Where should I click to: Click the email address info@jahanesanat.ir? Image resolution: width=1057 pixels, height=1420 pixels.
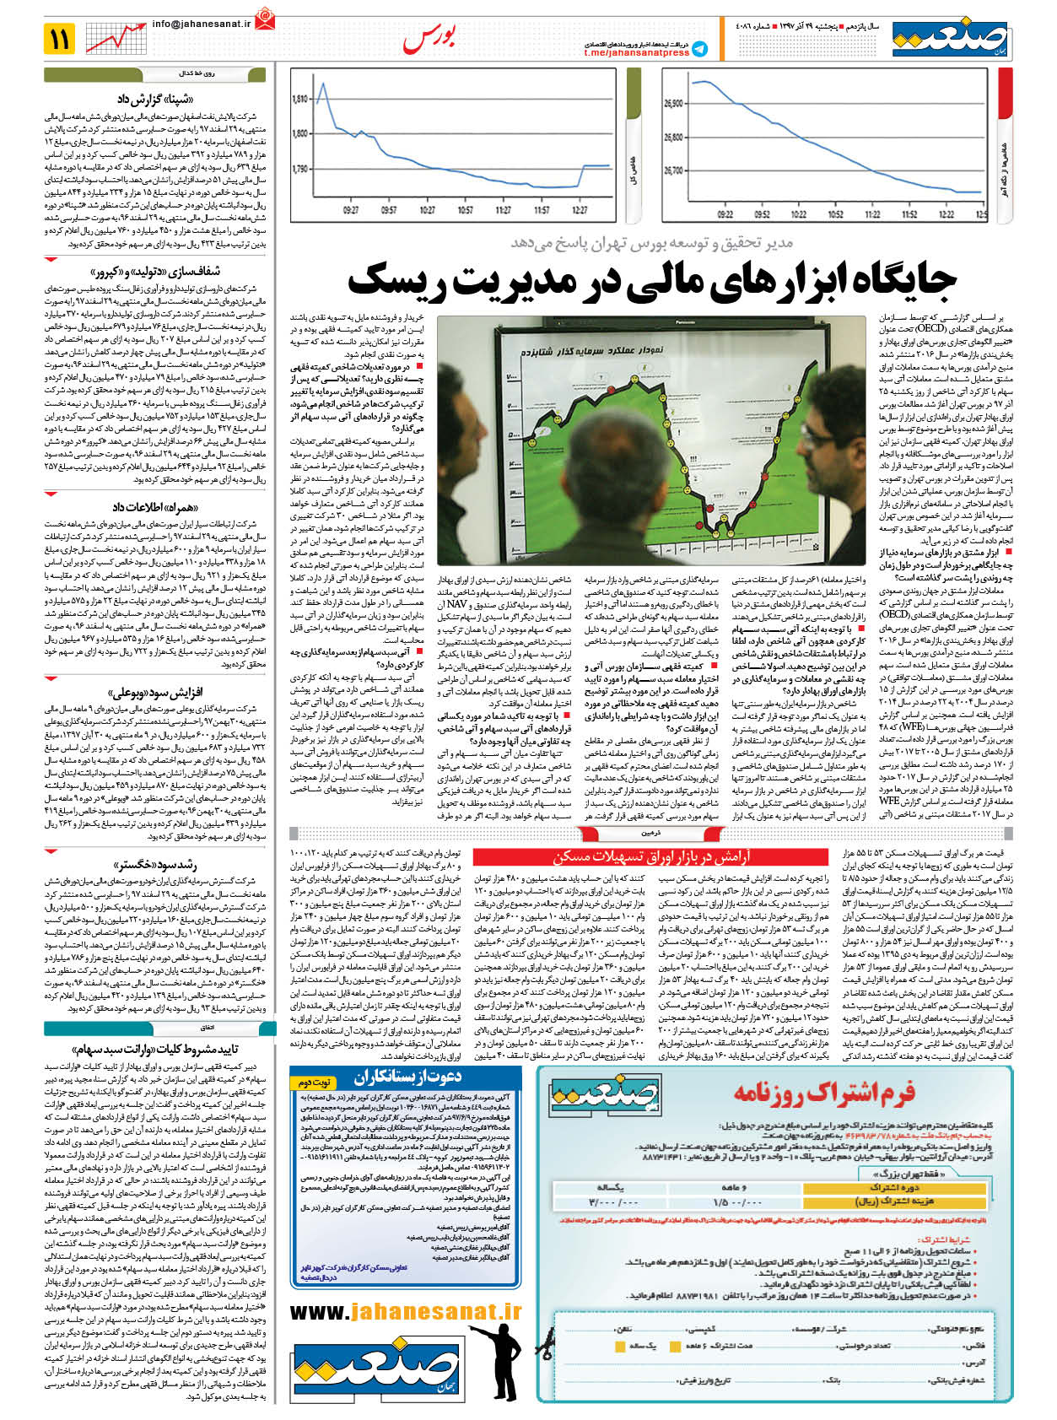(x=202, y=24)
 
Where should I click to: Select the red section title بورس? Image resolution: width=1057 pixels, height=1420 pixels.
(x=429, y=38)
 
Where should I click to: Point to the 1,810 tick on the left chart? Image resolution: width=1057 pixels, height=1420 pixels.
(x=300, y=100)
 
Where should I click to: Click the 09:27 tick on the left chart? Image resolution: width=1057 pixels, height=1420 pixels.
(x=351, y=210)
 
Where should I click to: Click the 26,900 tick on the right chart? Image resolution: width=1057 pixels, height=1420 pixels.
(x=672, y=104)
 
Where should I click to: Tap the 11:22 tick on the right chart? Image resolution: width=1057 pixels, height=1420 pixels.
(x=873, y=214)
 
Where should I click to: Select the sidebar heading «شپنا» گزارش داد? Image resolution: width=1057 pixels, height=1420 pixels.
(x=159, y=100)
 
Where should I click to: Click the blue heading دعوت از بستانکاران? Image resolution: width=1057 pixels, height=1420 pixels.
(x=407, y=1077)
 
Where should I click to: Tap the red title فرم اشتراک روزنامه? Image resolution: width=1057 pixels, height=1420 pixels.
(x=823, y=1093)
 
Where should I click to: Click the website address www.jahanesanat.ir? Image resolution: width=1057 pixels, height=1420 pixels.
(x=406, y=1311)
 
